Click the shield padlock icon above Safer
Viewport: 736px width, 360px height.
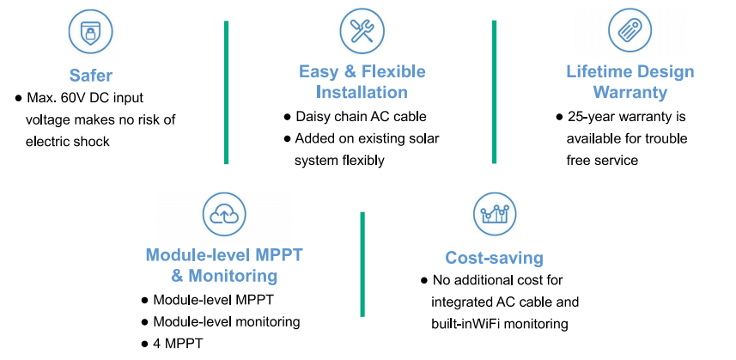point(90,32)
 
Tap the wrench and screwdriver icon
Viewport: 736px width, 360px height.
point(362,30)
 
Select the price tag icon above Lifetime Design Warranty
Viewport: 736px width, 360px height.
point(630,30)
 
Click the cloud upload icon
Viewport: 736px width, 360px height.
point(224,215)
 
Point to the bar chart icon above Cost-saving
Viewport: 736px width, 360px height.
point(495,214)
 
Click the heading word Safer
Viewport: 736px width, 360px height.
point(91,75)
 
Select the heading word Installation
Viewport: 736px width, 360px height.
point(362,92)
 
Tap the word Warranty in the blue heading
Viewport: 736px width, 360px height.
point(630,92)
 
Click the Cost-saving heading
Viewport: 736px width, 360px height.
point(495,258)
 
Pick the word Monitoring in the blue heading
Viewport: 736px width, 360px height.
point(233,276)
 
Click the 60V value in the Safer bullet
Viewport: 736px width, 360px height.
point(75,98)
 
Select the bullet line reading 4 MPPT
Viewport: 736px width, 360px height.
point(173,344)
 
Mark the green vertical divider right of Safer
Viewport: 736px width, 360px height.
point(226,93)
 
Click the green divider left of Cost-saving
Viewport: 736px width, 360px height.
point(362,265)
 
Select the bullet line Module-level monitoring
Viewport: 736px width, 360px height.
point(221,322)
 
